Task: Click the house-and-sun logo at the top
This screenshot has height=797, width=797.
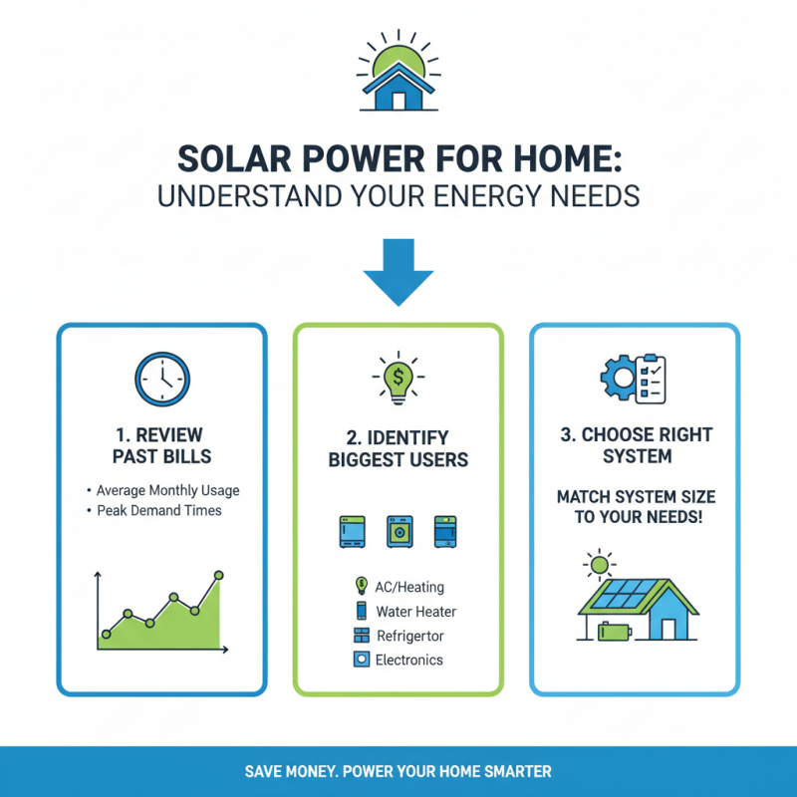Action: click(x=398, y=75)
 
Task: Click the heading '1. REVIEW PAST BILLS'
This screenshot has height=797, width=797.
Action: click(x=161, y=446)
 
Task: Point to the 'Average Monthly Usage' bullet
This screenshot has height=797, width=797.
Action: click(x=167, y=490)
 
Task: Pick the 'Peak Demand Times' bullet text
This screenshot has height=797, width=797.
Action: click(x=159, y=510)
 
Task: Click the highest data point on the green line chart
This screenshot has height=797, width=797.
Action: click(x=219, y=575)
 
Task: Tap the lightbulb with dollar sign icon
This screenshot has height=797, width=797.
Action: click(x=398, y=380)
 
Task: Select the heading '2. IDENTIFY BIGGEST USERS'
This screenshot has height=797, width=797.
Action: click(x=398, y=448)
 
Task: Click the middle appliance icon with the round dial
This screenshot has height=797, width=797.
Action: click(x=398, y=531)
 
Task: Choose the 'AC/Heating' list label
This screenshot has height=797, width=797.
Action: click(x=409, y=588)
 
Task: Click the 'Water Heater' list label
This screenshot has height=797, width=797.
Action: click(x=415, y=612)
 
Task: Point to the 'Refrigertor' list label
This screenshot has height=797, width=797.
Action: click(x=410, y=636)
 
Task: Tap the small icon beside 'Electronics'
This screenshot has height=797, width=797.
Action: click(x=361, y=660)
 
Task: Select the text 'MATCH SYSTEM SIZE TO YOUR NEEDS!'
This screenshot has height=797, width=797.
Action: click(x=636, y=506)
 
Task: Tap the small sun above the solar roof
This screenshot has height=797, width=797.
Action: click(x=599, y=566)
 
